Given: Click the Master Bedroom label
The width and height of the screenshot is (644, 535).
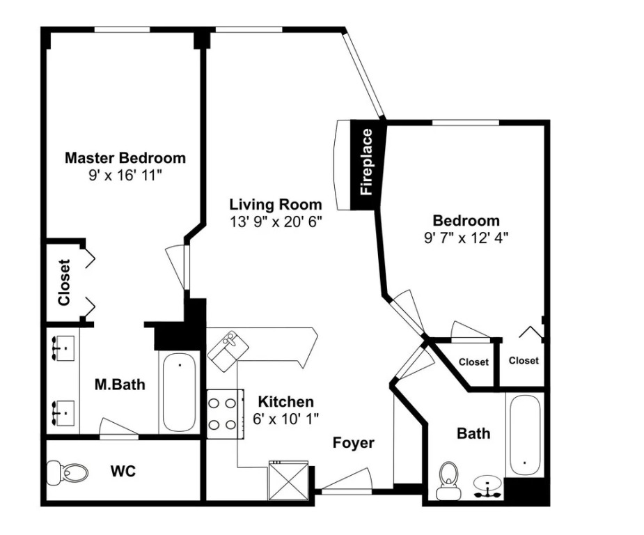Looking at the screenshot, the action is (125, 158).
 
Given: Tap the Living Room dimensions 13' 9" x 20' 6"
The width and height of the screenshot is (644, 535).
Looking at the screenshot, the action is (275, 222).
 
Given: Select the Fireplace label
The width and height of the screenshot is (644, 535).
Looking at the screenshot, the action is (366, 162).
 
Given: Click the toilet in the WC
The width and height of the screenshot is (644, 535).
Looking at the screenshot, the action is (68, 472).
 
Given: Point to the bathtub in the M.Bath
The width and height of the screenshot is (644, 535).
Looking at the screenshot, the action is (179, 392).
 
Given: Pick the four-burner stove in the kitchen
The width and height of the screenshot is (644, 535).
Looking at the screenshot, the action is (225, 414).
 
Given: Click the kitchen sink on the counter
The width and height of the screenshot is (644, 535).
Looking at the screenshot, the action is (228, 351).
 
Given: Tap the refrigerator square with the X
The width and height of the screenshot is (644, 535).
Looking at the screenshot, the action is (288, 481).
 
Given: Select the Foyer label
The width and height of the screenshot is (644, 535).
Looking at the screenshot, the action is (353, 443).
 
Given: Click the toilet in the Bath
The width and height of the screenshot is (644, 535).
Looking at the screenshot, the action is (448, 480).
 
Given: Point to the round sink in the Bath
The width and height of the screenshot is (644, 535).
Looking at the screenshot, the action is (487, 486).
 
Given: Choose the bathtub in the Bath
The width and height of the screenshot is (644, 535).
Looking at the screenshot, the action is (525, 435).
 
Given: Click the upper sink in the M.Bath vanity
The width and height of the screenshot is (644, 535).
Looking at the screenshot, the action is (64, 348).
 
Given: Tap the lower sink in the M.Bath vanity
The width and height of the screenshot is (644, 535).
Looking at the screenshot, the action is (64, 413).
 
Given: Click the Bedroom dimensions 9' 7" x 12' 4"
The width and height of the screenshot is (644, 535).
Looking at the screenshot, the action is (466, 238).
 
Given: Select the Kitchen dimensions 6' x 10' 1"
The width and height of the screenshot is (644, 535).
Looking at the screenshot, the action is (286, 419).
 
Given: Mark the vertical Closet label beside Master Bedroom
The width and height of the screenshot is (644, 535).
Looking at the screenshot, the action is (65, 282).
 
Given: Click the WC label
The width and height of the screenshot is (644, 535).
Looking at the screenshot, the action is (123, 471).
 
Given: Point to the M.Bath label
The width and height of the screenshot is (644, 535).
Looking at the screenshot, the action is (120, 385).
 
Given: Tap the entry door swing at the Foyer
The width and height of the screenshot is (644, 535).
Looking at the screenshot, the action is (347, 481).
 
